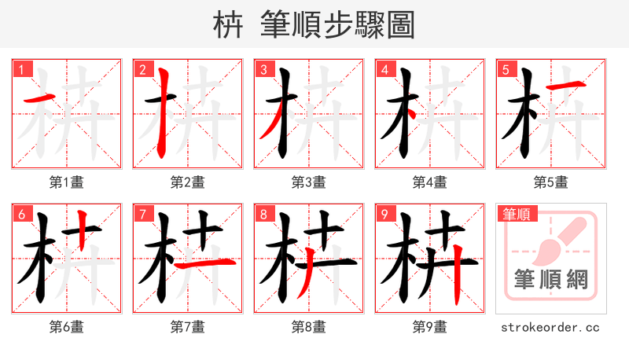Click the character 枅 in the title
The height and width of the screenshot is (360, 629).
tap(228, 25)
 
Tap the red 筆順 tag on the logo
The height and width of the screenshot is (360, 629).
tap(518, 214)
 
